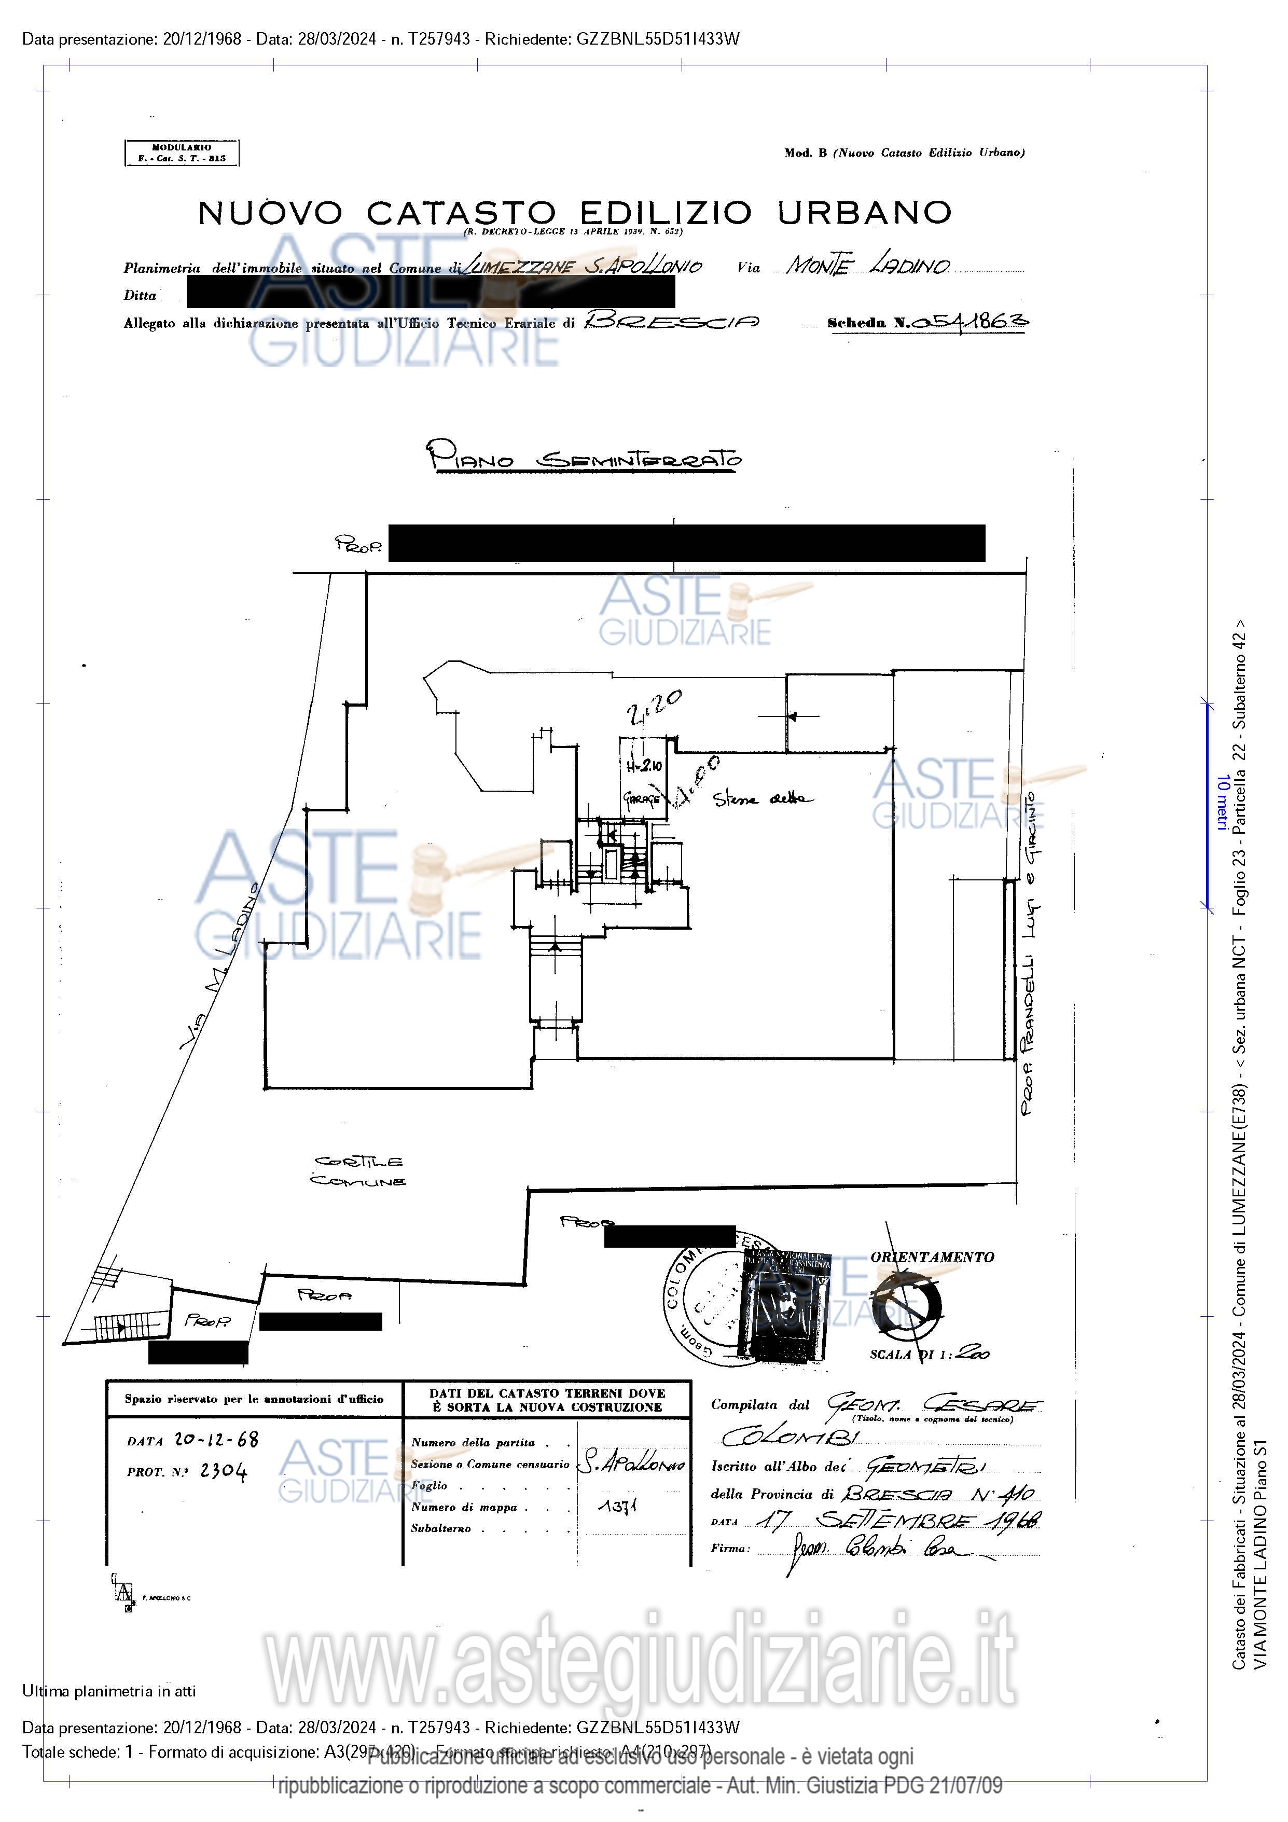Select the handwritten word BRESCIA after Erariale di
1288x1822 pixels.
tap(671, 321)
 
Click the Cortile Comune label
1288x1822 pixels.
tap(359, 1171)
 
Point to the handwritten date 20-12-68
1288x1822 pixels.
tap(216, 1440)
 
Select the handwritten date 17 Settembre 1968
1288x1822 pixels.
tap(897, 1521)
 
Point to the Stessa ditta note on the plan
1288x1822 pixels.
tap(763, 798)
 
